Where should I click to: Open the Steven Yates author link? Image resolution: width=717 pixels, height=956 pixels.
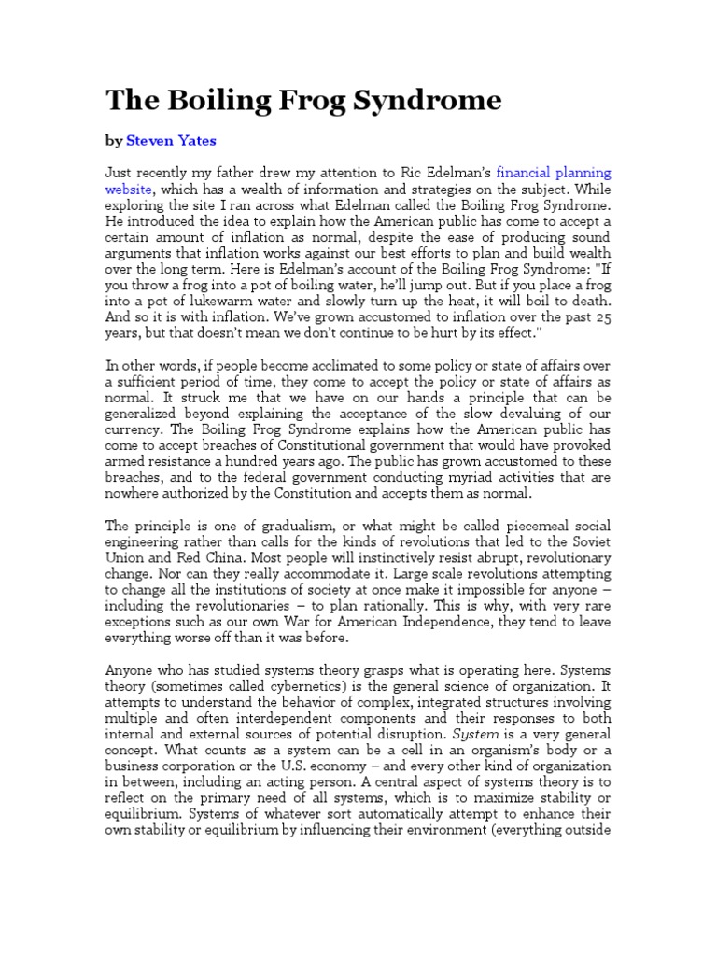(172, 141)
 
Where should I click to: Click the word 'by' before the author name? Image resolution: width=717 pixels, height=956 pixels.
(113, 141)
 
